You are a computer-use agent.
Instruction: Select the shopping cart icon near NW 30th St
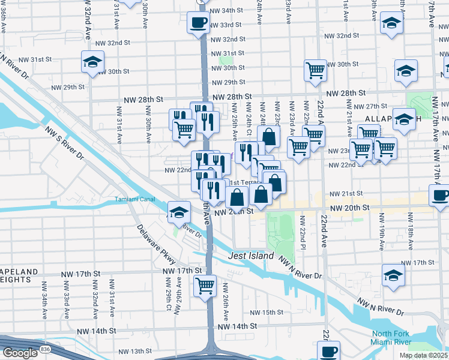tap(315, 71)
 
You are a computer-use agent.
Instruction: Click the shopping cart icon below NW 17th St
tap(205, 284)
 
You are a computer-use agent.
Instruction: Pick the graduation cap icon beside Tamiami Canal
tap(178, 212)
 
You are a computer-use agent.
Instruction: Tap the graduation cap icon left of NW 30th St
tap(93, 62)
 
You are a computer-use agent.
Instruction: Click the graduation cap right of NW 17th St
tap(393, 275)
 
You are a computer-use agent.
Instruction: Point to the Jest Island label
tap(252, 256)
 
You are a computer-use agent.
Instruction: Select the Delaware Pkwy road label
tap(155, 245)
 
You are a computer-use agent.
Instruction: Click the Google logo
tap(19, 353)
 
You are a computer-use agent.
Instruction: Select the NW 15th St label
tap(266, 313)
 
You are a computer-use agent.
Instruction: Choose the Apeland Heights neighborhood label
tap(18, 276)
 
